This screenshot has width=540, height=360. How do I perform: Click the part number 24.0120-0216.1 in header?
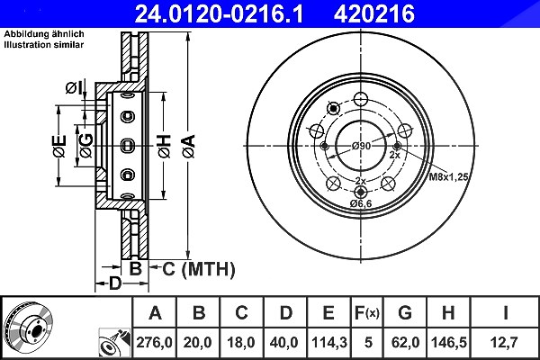tap(219, 13)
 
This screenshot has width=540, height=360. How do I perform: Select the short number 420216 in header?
tap(374, 13)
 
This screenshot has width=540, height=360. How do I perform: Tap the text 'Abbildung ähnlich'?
tap(44, 34)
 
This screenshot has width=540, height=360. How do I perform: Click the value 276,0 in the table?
tap(154, 342)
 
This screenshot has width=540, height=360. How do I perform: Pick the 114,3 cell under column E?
tap(329, 342)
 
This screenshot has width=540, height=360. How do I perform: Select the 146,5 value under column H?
tap(449, 342)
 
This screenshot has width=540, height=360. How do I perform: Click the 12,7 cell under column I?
tap(505, 342)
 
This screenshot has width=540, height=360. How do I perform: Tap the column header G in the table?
tap(405, 313)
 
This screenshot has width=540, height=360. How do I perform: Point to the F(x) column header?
tap(367, 313)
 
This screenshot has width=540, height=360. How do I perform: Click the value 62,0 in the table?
tap(405, 342)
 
